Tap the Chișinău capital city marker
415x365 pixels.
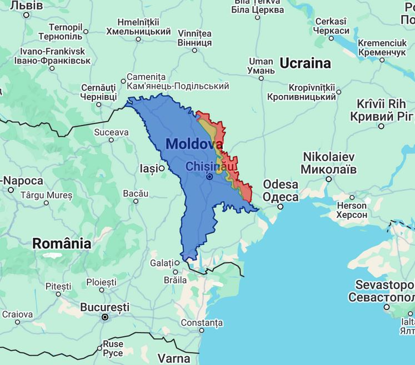pos(210,177)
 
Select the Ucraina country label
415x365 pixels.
pos(305,63)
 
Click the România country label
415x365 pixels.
pos(62,243)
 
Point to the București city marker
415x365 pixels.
pos(104,317)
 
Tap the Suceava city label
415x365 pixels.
pos(111,132)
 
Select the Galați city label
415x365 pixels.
pos(162,262)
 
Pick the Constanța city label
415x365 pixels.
pos(201,322)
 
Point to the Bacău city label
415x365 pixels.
pos(136,193)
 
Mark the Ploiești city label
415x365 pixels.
pos(101,282)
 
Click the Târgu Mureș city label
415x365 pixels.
pos(46,195)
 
